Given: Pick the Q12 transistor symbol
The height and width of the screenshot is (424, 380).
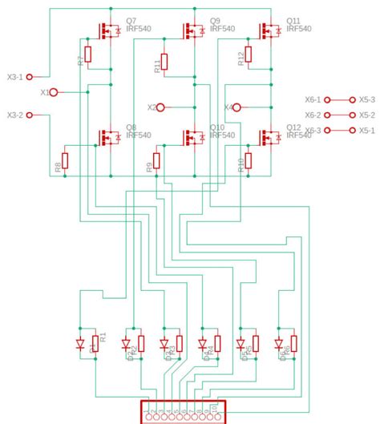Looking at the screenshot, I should coord(269,137).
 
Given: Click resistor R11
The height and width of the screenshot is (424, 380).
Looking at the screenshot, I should coord(164,62).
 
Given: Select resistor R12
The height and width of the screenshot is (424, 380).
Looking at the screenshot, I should coord(249,55).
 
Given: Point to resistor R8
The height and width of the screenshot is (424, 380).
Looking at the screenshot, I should coord(66,160).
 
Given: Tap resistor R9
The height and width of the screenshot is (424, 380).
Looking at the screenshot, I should coord(157,160).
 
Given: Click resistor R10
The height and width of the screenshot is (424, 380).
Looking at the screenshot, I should coord(249,160).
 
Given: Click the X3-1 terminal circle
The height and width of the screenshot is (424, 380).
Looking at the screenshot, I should coord(30,77).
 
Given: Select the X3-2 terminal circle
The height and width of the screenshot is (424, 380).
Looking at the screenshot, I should coord(30,115).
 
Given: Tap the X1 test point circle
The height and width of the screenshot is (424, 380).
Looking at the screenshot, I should coord(54,92).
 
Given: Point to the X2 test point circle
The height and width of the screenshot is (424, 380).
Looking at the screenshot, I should coord(160,107).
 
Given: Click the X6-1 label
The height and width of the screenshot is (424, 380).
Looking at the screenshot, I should coord(313,100).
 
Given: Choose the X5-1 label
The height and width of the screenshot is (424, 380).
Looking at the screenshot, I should coord(367,130).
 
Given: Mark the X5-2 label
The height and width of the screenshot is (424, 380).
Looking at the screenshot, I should coord(367,115).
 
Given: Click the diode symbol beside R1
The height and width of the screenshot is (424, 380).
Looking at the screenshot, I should coord(80,344).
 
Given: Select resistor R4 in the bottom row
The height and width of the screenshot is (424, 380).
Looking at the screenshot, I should coord(217,344).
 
